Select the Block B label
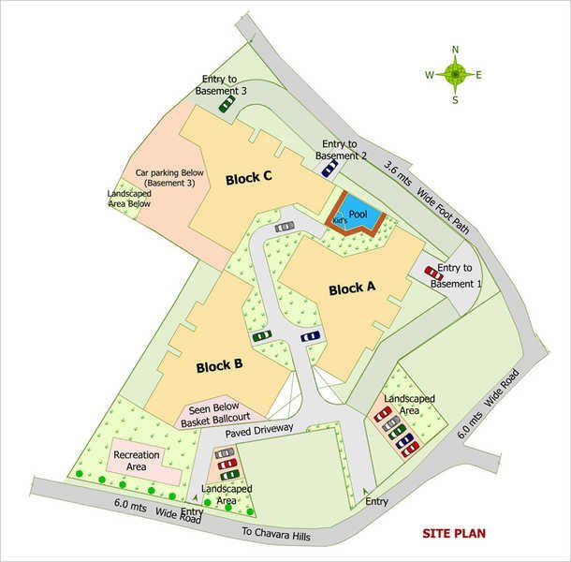[x=220, y=365]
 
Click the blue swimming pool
[x=358, y=214]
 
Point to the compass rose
[x=454, y=74]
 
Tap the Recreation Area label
[x=138, y=460]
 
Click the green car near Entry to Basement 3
[x=227, y=106]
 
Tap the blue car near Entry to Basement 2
[x=329, y=169]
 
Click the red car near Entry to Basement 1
[x=433, y=274]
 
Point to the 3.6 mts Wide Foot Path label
[x=425, y=192]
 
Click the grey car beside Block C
[x=285, y=227]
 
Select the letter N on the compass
[x=455, y=51]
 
